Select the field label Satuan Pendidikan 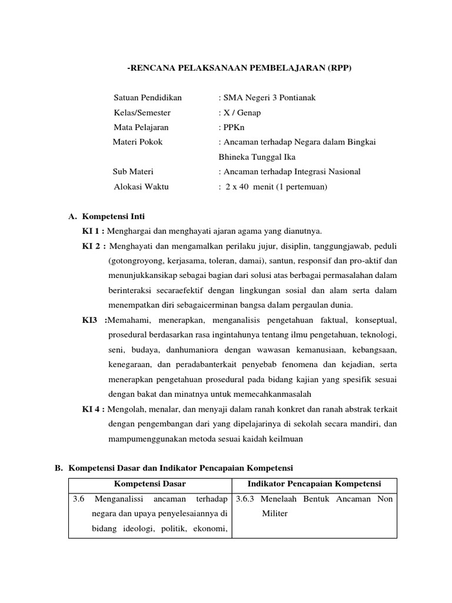[x=148, y=98]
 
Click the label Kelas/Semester [x=142, y=112]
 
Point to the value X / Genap [x=240, y=112]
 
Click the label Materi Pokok [x=138, y=142]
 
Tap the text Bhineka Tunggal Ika [x=257, y=157]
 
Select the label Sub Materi [x=133, y=171]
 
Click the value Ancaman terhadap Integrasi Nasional [x=290, y=171]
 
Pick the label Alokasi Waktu [x=141, y=186]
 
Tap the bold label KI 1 [x=93, y=231]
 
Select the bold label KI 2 [x=93, y=246]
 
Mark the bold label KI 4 [x=93, y=409]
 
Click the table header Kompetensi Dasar [x=149, y=484]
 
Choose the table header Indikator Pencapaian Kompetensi [x=314, y=484]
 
